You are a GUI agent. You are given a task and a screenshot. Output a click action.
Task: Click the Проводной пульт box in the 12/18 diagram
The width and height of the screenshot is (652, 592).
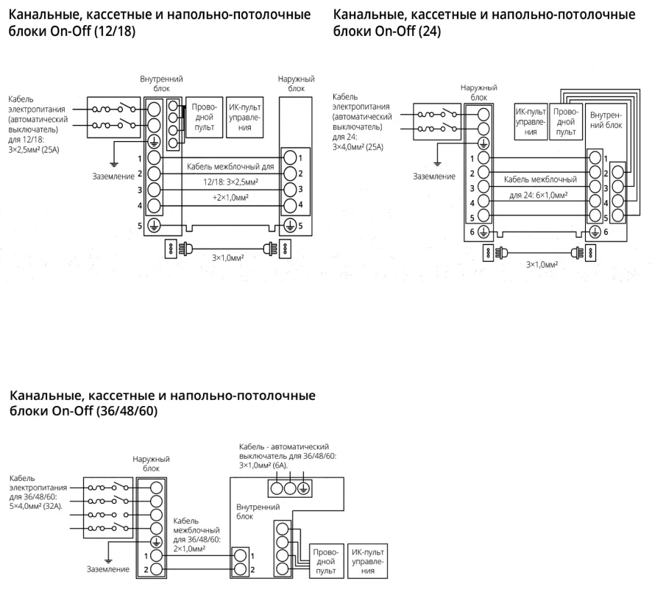point(204,118)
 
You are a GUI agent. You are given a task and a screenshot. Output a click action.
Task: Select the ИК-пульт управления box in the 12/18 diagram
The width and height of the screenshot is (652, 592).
point(245,118)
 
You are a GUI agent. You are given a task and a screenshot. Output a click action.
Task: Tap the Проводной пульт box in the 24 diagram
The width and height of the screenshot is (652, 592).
point(566,122)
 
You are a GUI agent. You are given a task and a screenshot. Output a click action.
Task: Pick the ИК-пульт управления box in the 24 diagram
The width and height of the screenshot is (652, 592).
point(531,122)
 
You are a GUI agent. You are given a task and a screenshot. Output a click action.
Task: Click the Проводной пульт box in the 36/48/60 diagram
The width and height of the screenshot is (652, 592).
point(326,561)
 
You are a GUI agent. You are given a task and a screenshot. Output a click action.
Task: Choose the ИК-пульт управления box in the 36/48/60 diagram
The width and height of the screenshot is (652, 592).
point(368,561)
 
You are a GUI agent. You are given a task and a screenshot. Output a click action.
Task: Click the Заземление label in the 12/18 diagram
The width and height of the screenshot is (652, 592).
point(113,176)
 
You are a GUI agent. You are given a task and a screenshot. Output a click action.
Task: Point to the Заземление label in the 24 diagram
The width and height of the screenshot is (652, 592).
point(434,176)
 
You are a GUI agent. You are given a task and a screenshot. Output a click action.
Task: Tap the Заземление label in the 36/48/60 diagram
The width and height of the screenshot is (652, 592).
point(107,569)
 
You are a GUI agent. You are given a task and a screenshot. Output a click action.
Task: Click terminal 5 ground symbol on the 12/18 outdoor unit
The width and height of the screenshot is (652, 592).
point(289,226)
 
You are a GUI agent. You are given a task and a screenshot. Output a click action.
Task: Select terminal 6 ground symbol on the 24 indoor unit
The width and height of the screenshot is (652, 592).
point(595,232)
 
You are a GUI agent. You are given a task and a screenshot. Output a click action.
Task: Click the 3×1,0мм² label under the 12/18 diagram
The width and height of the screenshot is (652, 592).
point(228,257)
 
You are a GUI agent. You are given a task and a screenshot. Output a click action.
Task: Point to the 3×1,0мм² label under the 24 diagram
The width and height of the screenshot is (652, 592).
point(542,264)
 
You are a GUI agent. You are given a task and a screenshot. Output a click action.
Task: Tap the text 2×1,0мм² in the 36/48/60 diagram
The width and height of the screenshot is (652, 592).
point(189,549)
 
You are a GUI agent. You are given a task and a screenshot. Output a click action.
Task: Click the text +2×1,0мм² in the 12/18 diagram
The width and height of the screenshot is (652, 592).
point(230,197)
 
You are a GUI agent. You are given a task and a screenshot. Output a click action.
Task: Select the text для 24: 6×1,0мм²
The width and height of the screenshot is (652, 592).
point(539,195)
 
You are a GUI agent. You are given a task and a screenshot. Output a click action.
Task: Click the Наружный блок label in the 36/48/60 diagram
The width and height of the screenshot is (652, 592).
point(151,463)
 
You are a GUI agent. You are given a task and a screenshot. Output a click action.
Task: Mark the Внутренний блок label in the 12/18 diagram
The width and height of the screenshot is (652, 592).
point(161,84)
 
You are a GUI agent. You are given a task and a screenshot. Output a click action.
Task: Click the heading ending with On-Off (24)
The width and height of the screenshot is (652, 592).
point(484,23)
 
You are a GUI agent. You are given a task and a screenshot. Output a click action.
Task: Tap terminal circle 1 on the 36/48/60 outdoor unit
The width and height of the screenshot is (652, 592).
point(156,555)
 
